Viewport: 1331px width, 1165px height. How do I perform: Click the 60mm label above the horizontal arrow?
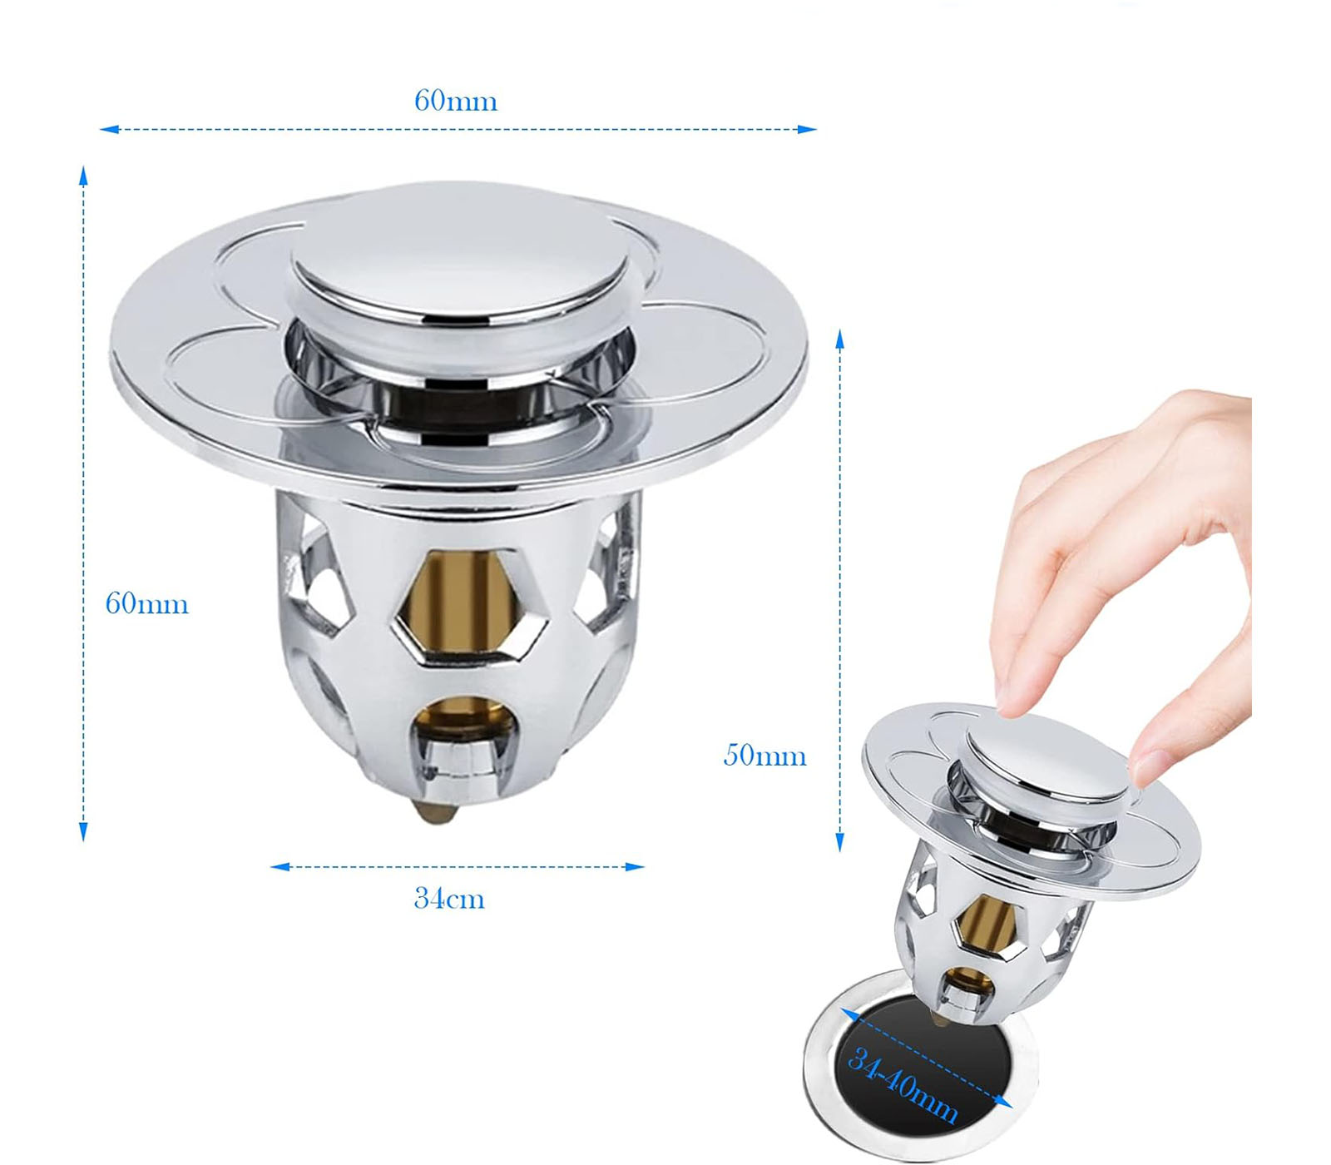point(456,101)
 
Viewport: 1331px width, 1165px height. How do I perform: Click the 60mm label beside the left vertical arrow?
point(146,603)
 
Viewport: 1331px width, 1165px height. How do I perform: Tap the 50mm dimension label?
point(764,755)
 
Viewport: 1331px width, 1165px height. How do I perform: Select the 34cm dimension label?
point(449,899)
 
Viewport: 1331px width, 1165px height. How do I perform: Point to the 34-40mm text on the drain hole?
point(903,1084)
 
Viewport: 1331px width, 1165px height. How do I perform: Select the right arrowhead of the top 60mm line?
point(807,129)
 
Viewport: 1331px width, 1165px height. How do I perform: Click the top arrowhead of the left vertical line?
point(83,176)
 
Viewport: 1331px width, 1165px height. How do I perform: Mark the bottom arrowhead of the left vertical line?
point(83,831)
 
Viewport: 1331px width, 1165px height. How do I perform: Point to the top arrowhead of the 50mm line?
point(840,339)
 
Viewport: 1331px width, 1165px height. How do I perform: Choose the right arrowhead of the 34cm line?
point(635,867)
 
